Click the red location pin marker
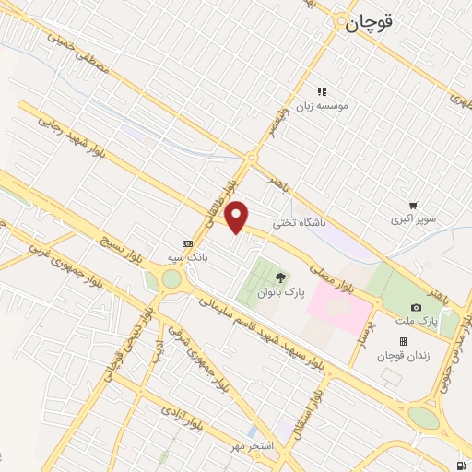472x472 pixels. [238, 216]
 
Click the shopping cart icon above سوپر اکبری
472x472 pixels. [414, 206]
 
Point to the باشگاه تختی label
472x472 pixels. [302, 223]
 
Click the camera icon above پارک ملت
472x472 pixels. [416, 306]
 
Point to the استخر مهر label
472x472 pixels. [255, 445]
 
